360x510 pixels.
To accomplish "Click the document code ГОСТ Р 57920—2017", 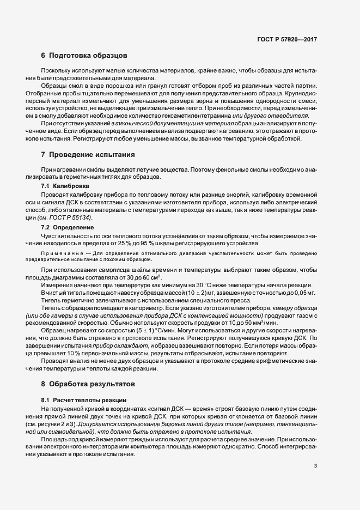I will [x=287, y=40].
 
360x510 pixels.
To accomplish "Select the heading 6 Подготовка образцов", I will [x=84, y=56].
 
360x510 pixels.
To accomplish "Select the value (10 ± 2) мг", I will [x=184, y=293].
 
